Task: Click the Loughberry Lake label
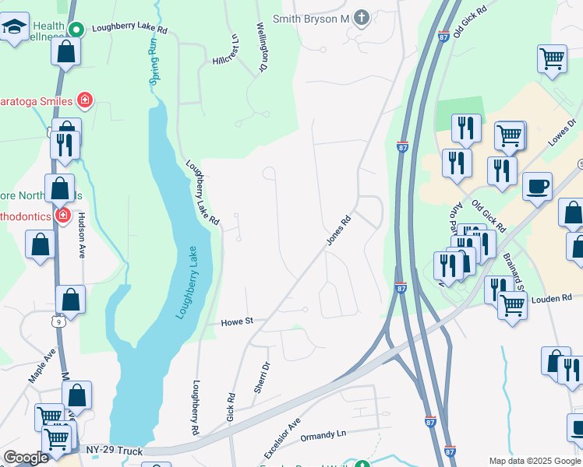[182, 283]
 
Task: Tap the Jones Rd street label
[341, 232]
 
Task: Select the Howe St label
[238, 321]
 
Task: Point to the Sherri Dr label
[262, 377]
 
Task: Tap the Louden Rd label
[552, 298]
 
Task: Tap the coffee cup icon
[537, 187]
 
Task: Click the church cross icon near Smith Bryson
[361, 16]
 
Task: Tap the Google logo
[26, 458]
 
